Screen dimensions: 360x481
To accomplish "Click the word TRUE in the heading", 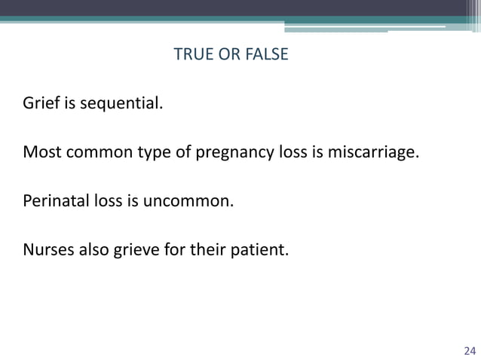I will tap(191, 55).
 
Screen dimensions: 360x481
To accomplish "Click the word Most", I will tap(40, 154).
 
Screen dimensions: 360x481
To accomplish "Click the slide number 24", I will tap(469, 350).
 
